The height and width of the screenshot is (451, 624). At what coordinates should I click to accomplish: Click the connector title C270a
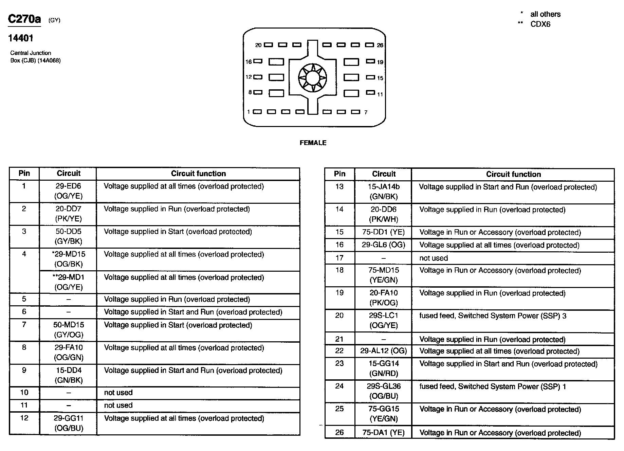tap(24, 19)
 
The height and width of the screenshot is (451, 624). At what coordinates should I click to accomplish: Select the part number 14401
tap(21, 38)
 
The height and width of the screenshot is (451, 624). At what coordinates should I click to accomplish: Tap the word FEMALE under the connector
tap(313, 143)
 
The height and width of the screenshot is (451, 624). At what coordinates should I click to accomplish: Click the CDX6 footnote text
tap(540, 24)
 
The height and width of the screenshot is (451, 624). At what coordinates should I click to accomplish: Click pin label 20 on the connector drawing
tap(258, 45)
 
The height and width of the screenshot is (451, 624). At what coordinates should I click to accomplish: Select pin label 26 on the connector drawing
tap(380, 45)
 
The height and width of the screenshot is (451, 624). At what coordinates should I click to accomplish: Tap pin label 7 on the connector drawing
tap(366, 112)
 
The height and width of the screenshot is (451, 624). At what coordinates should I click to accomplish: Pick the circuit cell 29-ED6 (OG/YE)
tap(68, 191)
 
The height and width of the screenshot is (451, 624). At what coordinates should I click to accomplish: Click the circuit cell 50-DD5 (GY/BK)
tap(68, 236)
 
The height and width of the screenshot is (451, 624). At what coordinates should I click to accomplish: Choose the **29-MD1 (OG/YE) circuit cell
tap(68, 282)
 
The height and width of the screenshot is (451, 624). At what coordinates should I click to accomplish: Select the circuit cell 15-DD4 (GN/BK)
tap(68, 375)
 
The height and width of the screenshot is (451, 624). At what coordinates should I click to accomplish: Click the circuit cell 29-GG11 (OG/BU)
tap(68, 423)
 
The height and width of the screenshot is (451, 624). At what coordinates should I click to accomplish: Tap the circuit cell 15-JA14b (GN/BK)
tap(383, 192)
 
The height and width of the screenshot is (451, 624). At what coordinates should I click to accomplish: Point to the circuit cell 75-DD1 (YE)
tap(383, 232)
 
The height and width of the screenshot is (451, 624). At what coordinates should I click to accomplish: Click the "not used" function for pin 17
tap(434, 258)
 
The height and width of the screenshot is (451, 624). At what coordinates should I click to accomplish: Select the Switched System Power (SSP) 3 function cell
tap(493, 316)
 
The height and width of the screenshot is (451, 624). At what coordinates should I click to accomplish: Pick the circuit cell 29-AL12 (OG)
tap(383, 351)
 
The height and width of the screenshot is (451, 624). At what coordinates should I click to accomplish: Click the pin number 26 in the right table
tap(339, 432)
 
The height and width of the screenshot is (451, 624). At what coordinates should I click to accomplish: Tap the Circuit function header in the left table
tap(198, 174)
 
